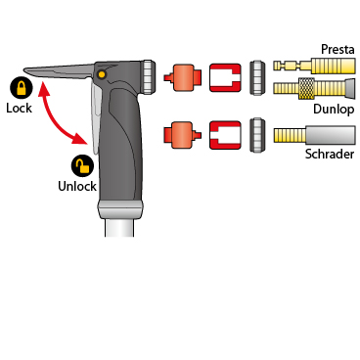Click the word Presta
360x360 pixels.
click(x=337, y=49)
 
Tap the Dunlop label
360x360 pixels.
click(x=334, y=109)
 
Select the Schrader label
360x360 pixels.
click(x=330, y=154)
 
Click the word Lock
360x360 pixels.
click(x=19, y=108)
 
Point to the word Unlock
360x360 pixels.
click(x=77, y=186)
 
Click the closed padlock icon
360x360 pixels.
click(x=22, y=88)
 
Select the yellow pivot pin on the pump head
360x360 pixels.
click(x=102, y=74)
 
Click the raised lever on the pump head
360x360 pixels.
click(x=59, y=71)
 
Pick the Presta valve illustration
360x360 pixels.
click(x=314, y=66)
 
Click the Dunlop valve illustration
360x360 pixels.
click(x=314, y=88)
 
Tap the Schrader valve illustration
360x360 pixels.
click(x=314, y=135)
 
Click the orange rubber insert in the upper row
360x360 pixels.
click(x=182, y=77)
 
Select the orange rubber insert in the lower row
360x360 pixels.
click(x=182, y=135)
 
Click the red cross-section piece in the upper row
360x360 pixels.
click(x=225, y=77)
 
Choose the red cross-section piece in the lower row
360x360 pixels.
click(x=225, y=135)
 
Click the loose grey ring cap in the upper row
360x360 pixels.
click(x=257, y=77)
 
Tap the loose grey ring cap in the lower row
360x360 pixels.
click(x=257, y=135)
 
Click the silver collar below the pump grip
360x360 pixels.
click(x=120, y=209)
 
